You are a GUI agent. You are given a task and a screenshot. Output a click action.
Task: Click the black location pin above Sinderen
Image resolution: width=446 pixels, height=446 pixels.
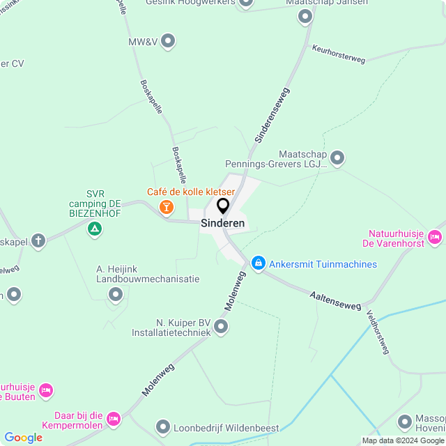coord(223,206)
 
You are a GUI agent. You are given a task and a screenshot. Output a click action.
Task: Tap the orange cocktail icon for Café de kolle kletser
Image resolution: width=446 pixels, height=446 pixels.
coord(167,206)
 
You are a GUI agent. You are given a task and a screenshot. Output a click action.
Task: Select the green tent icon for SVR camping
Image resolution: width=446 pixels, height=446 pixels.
coord(95,228)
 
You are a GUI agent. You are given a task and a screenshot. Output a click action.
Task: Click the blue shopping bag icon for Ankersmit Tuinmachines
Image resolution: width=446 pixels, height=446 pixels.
coord(259,263)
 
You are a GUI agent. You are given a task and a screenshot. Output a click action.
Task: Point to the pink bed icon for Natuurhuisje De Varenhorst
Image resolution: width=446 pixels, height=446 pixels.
coord(435,237)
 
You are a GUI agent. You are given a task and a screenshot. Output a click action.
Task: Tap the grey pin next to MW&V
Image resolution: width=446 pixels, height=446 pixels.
coord(168,42)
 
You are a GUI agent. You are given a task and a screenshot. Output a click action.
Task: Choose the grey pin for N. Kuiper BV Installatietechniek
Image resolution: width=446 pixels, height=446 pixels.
coord(221,326)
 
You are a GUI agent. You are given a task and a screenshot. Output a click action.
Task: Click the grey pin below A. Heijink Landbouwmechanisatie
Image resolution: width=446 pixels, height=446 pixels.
coord(116,295)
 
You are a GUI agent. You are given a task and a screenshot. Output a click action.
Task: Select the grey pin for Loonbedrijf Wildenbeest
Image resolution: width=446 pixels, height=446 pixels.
coord(163,426)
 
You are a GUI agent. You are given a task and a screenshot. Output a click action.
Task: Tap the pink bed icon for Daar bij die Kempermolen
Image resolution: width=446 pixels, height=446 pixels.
coord(114,418)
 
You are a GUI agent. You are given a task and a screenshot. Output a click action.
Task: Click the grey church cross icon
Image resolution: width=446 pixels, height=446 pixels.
coord(38,241)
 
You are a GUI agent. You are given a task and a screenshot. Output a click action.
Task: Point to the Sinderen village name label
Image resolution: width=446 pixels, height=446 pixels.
coord(222,224)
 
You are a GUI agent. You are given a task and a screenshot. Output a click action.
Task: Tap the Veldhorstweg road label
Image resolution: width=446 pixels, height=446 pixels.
coord(376,332)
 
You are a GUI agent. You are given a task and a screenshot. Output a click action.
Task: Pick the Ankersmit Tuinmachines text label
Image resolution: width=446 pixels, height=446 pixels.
coord(323,264)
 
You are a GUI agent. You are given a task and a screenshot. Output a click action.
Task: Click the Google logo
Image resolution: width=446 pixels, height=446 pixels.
coord(23,438)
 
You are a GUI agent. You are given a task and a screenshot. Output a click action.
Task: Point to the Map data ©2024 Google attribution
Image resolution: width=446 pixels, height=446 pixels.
coord(403,440)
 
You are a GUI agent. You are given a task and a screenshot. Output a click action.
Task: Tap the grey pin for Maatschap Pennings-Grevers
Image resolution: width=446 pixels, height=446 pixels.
coord(337,158)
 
